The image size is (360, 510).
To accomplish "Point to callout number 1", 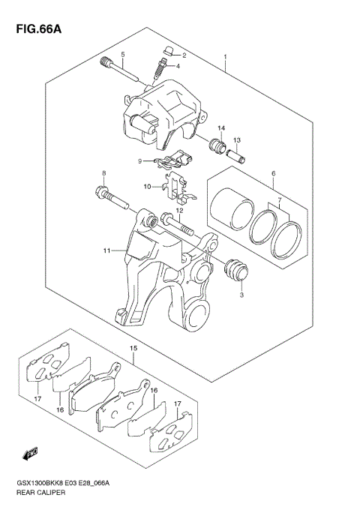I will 224,56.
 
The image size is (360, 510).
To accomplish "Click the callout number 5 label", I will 123,55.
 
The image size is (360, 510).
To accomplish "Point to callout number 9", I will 139,161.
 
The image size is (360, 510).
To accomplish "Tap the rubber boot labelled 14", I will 217,146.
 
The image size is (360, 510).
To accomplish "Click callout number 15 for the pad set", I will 133,349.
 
